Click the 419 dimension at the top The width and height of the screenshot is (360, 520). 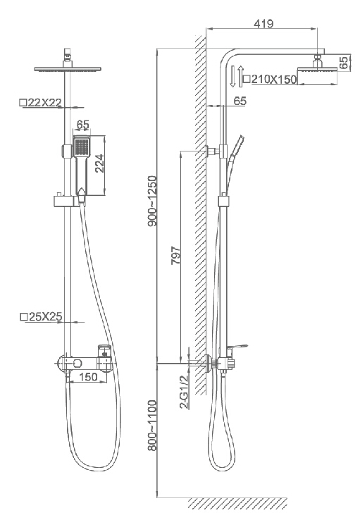[263, 23]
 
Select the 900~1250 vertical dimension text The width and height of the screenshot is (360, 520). [152, 201]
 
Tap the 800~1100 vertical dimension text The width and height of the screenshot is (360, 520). [152, 425]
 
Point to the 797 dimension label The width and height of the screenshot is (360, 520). [175, 255]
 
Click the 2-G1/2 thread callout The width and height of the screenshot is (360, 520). [184, 391]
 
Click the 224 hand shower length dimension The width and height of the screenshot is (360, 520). [99, 163]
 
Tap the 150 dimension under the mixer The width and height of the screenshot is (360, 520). [89, 377]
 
